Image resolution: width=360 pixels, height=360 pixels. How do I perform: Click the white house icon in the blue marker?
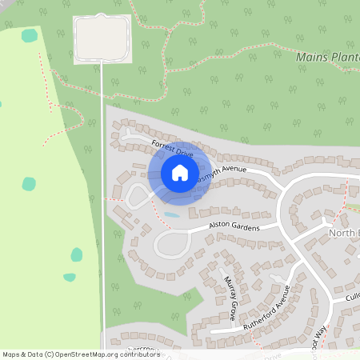179,172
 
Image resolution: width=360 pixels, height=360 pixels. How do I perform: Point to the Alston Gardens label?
234,228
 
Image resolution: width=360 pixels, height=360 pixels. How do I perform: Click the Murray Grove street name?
230,298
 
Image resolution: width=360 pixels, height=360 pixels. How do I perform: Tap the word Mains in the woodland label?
310,57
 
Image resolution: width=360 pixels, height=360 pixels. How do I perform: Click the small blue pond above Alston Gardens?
171,214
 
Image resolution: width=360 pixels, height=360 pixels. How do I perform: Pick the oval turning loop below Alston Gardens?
171,244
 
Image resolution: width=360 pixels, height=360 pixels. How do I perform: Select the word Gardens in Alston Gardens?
246,227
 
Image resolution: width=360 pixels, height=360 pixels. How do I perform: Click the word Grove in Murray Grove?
232,308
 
